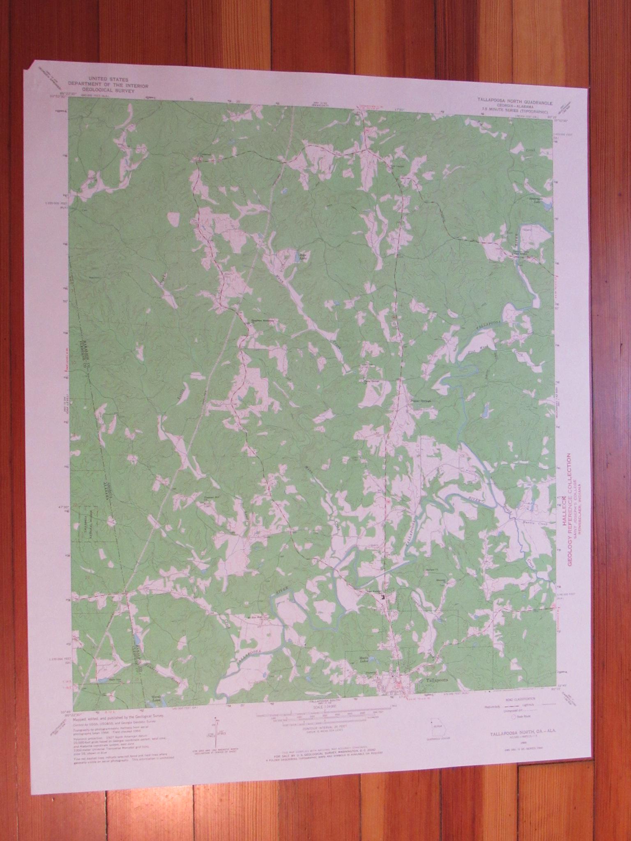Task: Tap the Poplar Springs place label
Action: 417,401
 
